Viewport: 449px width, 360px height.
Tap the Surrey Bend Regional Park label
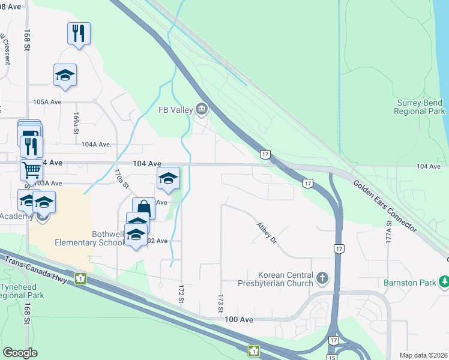(421, 107)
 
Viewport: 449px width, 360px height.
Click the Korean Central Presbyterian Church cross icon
(323, 278)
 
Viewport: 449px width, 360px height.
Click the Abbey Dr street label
(266, 232)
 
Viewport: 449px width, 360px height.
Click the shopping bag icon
(143, 208)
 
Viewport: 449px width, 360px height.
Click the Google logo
(20, 353)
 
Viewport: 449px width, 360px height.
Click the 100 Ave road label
(238, 320)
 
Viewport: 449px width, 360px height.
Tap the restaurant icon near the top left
(79, 33)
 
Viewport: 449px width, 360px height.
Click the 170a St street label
(122, 178)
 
